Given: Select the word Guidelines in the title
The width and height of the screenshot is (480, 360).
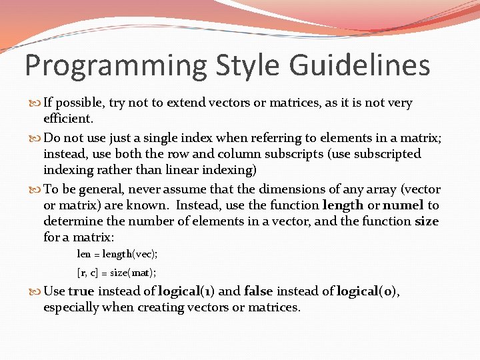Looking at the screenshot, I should pyautogui.click(x=360, y=67).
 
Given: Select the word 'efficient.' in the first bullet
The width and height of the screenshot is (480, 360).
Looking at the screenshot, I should pyautogui.click(x=69, y=119).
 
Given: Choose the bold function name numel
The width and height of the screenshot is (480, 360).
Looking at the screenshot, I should pyautogui.click(x=403, y=205).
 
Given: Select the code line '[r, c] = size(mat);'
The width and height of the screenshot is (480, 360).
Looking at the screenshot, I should pyautogui.click(x=117, y=272).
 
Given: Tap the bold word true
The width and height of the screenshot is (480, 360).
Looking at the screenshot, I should pyautogui.click(x=81, y=291).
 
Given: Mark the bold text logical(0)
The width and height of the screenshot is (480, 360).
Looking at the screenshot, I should pyautogui.click(x=368, y=291).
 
